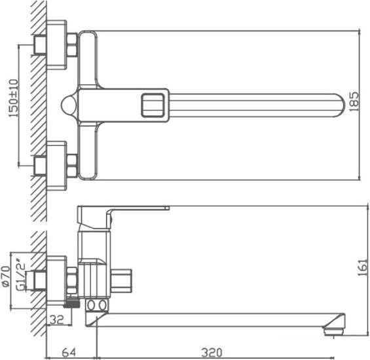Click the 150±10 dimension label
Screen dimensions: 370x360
pos(14,98)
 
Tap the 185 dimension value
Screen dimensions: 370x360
pos(354,101)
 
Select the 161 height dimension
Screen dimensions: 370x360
pos(363,268)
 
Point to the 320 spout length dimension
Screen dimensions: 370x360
pos(212,352)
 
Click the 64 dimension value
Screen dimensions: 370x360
pos(69,352)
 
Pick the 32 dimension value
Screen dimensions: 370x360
pos(57,319)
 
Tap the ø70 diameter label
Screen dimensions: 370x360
pos(6,276)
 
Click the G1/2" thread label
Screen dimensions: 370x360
pos(20,274)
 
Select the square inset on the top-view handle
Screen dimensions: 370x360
pos(153,105)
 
